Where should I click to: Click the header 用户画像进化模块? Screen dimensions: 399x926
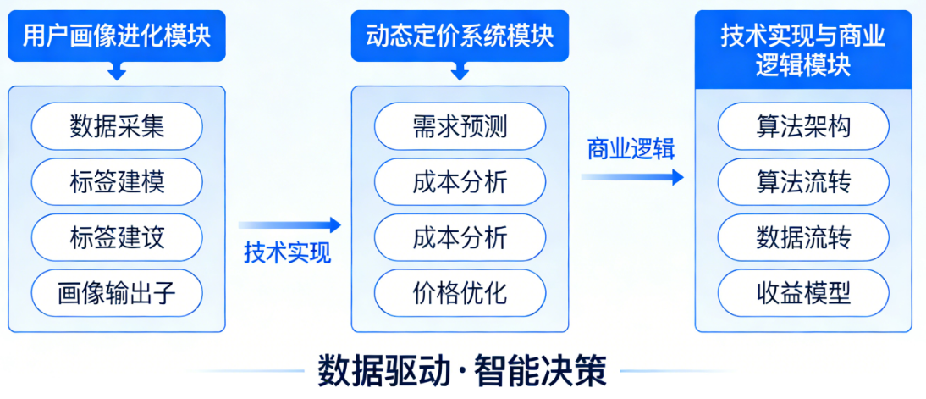(117, 36)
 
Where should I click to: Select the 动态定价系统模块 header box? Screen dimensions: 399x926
(460, 36)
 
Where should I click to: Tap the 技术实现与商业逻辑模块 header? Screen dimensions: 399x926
(803, 50)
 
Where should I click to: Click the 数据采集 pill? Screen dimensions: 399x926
(117, 126)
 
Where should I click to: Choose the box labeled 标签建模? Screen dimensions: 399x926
(117, 182)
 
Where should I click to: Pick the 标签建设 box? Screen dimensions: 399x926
(117, 237)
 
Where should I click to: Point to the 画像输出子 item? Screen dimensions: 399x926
(117, 293)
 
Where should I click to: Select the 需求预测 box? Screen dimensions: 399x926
(460, 126)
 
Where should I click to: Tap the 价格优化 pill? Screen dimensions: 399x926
(460, 293)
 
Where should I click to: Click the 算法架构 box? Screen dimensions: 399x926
(803, 126)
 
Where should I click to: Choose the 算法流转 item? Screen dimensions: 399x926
(803, 182)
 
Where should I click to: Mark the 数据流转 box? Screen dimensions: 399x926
(803, 237)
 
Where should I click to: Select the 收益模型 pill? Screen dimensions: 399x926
(803, 293)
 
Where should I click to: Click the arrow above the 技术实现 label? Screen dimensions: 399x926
(289, 224)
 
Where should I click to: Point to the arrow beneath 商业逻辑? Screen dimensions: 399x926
(631, 177)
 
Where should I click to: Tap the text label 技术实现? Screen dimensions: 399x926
(288, 252)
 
